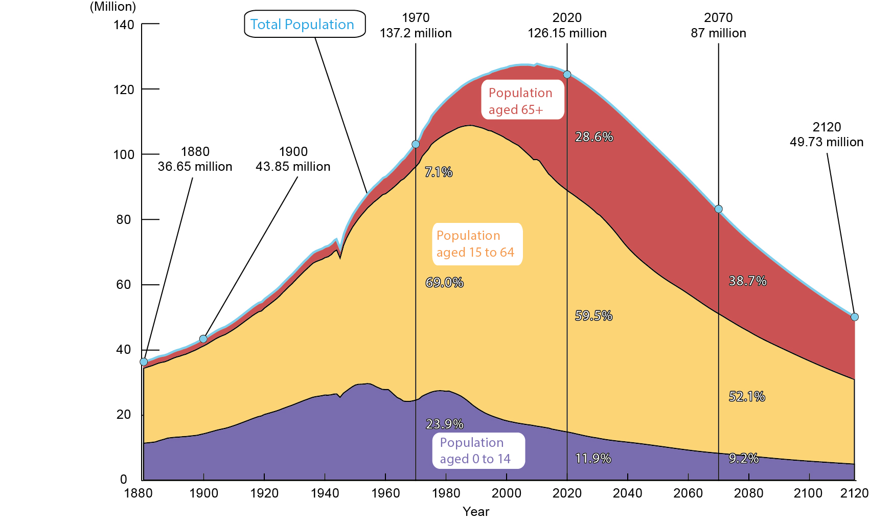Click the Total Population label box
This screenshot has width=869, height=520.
pos(305,24)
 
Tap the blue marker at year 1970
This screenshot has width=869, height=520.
pos(416,144)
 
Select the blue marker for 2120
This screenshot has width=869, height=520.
pos(854,317)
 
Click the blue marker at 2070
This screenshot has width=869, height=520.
pos(718,209)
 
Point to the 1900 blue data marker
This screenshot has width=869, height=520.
pos(203,339)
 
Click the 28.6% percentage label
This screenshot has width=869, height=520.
pos(593,137)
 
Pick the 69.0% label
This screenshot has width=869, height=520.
pos(444,282)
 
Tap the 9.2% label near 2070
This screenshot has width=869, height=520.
pos(743,459)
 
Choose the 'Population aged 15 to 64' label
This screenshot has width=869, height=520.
pos(477,244)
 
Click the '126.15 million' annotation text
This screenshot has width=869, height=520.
pos(567,33)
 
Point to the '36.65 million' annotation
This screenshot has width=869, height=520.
pos(195,167)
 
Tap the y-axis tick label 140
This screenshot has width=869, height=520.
pos(124,25)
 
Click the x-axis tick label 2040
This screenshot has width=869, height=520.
pos(627,493)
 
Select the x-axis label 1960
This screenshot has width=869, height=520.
pos(385,493)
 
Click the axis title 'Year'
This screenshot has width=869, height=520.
pos(475,511)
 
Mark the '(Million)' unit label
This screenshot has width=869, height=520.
pos(113,7)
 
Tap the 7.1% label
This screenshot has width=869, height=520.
pos(438,172)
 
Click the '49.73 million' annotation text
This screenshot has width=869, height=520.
pos(826,142)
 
